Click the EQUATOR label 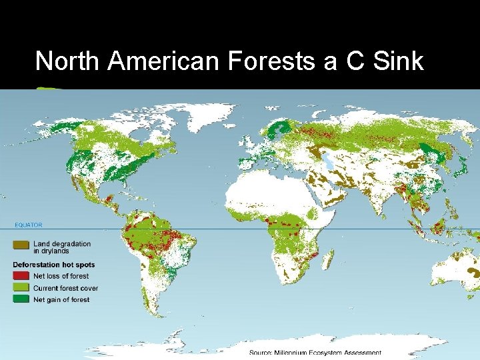[x=28, y=225]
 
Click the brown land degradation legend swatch [x=22, y=245]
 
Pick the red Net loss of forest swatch [x=22, y=276]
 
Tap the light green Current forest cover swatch [x=22, y=288]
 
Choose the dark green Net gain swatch [x=22, y=300]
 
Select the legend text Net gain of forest [x=61, y=300]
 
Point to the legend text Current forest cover [x=65, y=288]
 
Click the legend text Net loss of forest [x=61, y=276]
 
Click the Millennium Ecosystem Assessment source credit [x=315, y=353]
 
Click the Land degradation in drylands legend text [x=62, y=247]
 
